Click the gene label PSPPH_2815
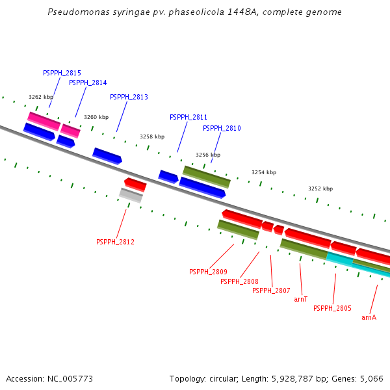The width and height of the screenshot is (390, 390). pyautogui.click(x=62, y=73)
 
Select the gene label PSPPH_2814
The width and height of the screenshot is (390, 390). pyautogui.click(x=88, y=83)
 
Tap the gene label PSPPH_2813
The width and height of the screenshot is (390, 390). pyautogui.click(x=129, y=97)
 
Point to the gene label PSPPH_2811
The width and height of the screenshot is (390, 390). pyautogui.click(x=188, y=117)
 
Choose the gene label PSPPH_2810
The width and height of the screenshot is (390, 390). pyautogui.click(x=222, y=129)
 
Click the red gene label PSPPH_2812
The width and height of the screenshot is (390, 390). pyautogui.click(x=115, y=242)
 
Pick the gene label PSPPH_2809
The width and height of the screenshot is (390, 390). pyautogui.click(x=208, y=272)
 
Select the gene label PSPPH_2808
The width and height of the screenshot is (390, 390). pyautogui.click(x=239, y=281)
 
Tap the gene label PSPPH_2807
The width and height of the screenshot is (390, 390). pyautogui.click(x=271, y=291)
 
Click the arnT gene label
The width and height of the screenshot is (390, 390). pyautogui.click(x=301, y=300)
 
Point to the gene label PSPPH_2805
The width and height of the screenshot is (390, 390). pyautogui.click(x=332, y=308)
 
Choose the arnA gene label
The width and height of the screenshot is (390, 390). pyautogui.click(x=369, y=317)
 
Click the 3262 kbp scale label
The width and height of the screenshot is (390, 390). pyautogui.click(x=41, y=97)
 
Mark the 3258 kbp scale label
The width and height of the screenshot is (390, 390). pyautogui.click(x=152, y=136)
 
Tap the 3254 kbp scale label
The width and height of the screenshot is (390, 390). pyautogui.click(x=264, y=172)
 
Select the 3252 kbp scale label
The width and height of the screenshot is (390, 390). pyautogui.click(x=320, y=188)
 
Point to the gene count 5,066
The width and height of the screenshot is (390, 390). pyautogui.click(x=371, y=378)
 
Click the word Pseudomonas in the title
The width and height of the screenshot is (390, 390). pyautogui.click(x=72, y=12)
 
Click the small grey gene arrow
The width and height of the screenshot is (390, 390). pyautogui.click(x=131, y=195)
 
